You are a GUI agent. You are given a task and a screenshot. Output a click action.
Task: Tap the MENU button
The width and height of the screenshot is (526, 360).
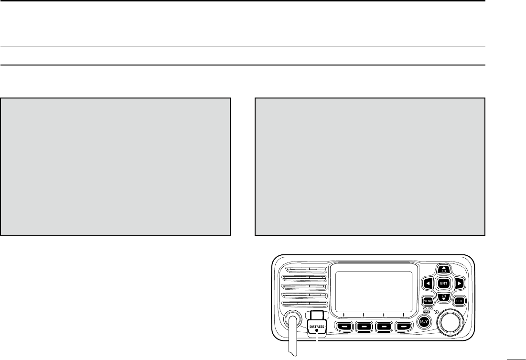(x=428, y=301)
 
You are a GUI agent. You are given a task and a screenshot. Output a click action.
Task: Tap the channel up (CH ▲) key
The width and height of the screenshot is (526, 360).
(x=444, y=269)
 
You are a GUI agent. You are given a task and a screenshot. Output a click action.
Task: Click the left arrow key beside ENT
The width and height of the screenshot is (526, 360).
(x=429, y=283)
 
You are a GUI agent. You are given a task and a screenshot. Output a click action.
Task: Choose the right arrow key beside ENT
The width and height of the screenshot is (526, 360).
(x=459, y=283)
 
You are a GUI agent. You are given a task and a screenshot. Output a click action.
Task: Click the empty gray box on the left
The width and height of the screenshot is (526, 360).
(x=116, y=166)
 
